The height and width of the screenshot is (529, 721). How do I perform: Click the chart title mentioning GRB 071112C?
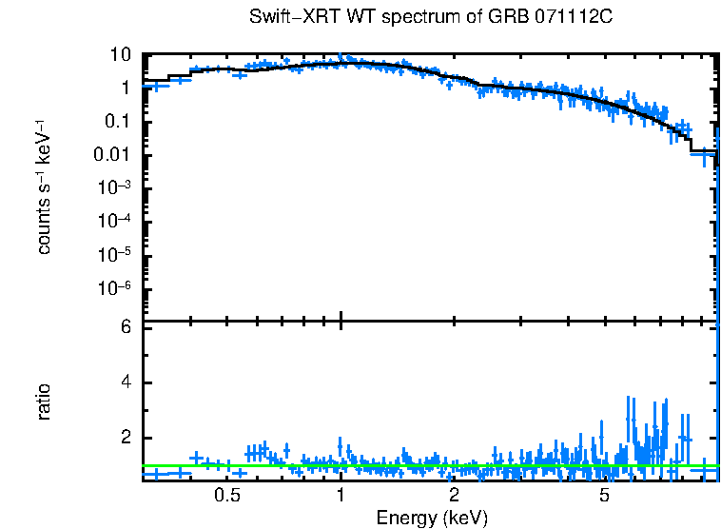(x=432, y=18)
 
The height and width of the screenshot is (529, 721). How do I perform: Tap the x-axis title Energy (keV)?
(x=432, y=518)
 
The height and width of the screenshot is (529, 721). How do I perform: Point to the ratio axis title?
(x=45, y=402)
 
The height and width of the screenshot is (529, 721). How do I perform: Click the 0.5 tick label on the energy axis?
(x=226, y=496)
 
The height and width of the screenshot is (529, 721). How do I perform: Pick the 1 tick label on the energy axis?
(x=341, y=496)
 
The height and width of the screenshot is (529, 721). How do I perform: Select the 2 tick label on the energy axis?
(x=455, y=496)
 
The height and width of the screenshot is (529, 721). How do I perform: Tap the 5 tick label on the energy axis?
(x=604, y=496)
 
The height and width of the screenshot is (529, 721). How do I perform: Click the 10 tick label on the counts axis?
(x=121, y=55)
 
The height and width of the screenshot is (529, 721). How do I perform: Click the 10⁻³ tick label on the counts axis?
(x=115, y=187)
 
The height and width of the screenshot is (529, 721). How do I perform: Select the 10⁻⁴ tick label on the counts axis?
(x=115, y=221)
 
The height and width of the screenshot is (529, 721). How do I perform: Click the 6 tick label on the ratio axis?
(x=125, y=327)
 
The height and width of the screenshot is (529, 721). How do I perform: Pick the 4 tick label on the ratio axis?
(x=125, y=382)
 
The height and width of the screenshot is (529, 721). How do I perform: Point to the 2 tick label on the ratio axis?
(x=125, y=438)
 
